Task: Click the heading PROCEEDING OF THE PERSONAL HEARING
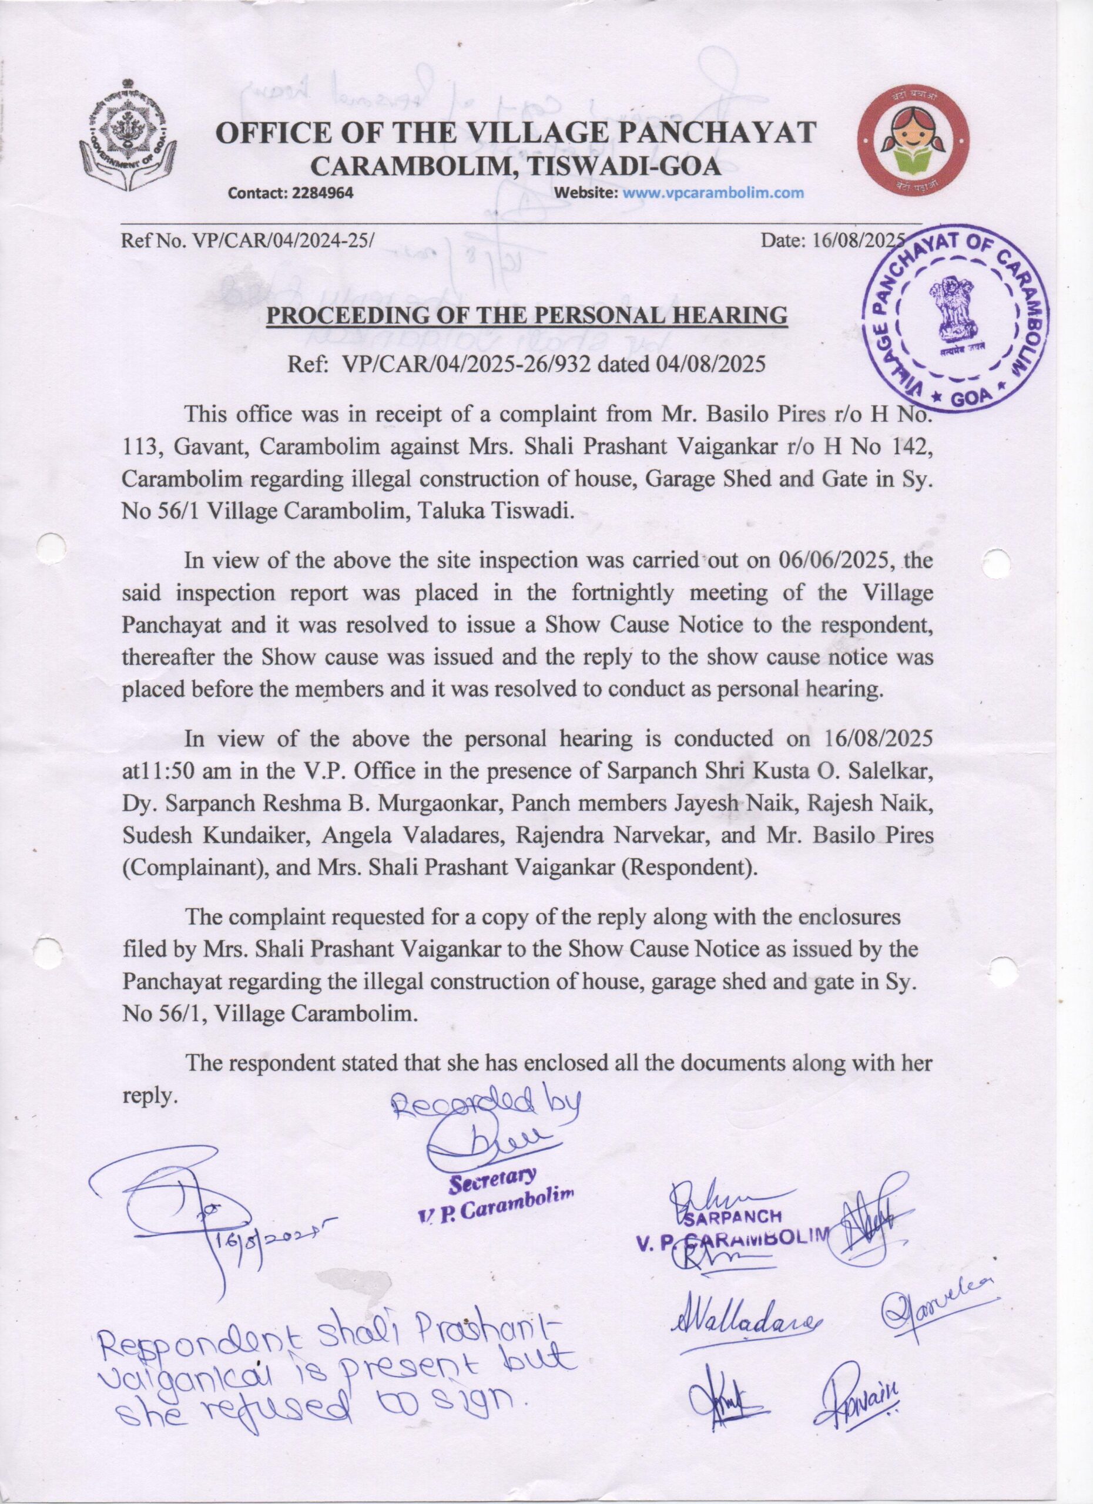coord(527,314)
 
